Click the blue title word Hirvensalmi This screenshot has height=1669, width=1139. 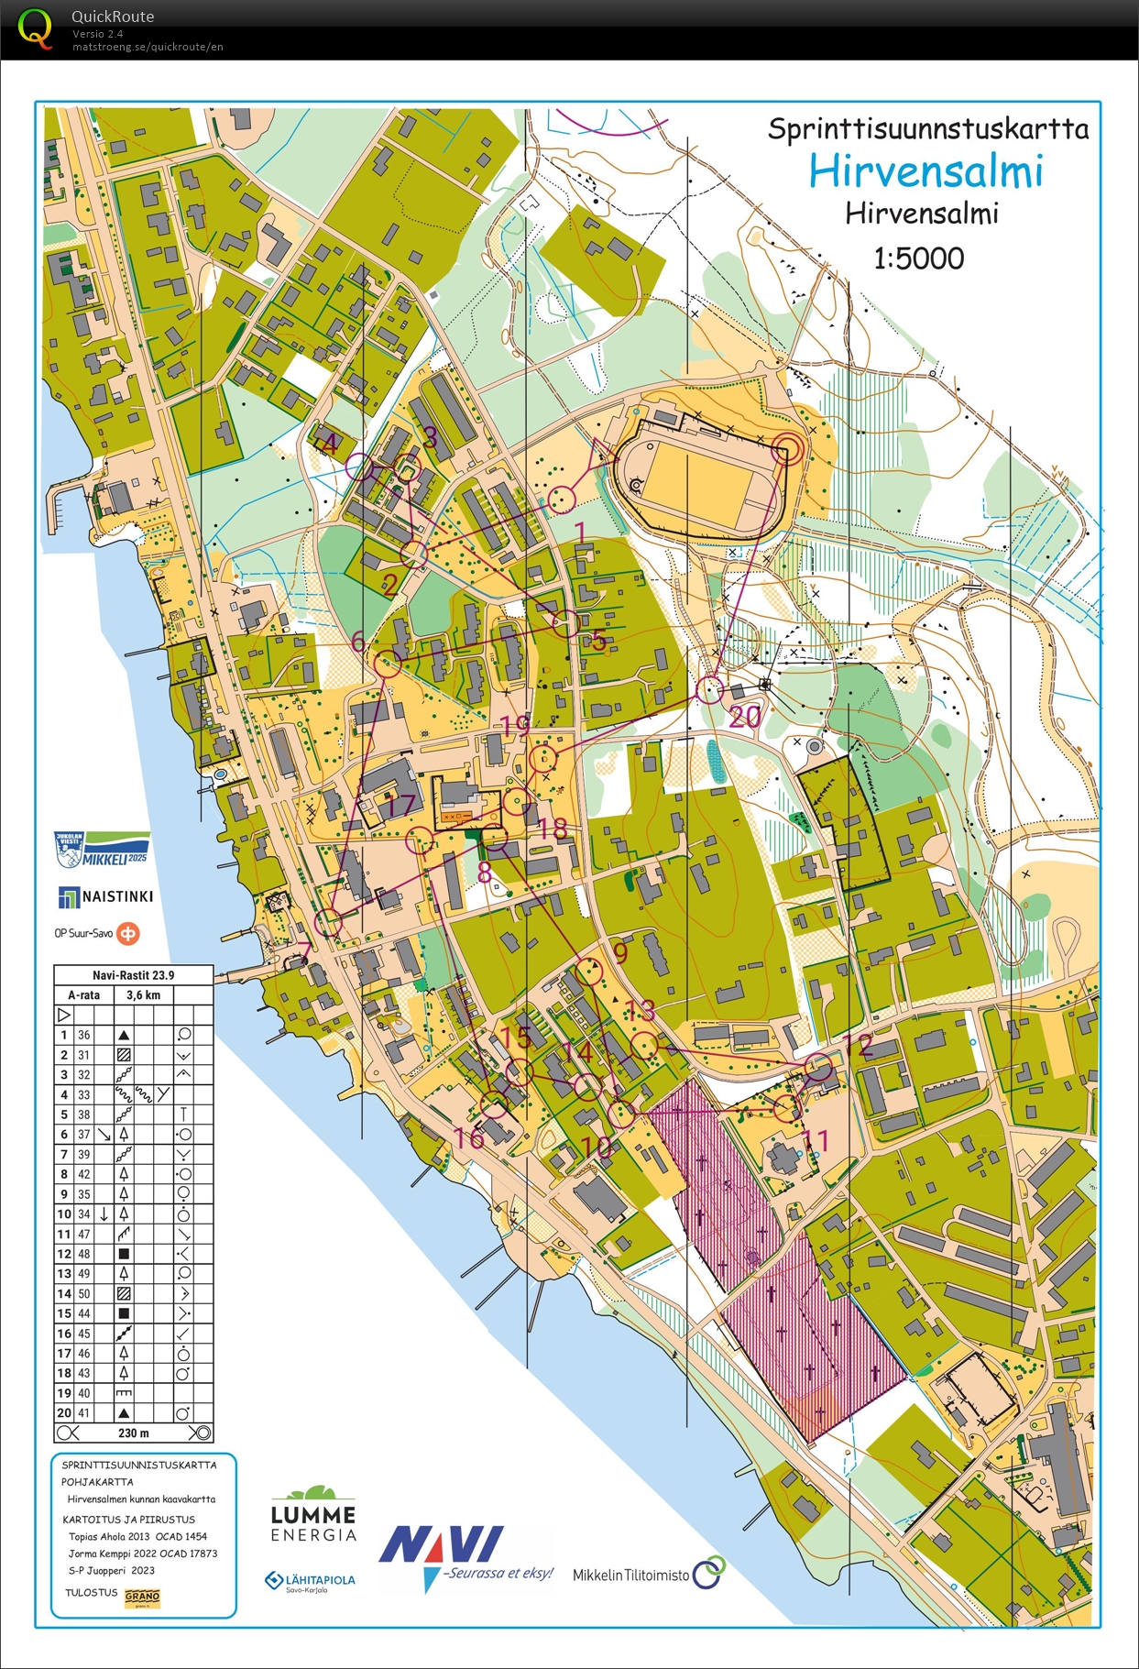[925, 171]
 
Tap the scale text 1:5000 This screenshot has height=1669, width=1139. [918, 258]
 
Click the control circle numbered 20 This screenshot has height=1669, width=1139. [710, 689]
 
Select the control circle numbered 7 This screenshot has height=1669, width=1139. [328, 922]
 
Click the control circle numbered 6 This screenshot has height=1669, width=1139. [388, 664]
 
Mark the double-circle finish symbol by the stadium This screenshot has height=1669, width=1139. [786, 449]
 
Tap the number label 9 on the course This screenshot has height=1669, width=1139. [620, 952]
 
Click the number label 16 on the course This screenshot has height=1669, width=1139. [469, 1137]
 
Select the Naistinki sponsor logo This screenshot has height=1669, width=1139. [105, 896]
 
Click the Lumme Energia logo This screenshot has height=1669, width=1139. [313, 1515]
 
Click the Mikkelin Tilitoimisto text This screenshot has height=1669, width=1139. [631, 1575]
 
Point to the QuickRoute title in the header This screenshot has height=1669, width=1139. [112, 16]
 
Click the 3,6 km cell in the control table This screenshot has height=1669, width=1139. [143, 994]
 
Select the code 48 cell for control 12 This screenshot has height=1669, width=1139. [84, 1254]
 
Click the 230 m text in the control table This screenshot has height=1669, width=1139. [133, 1433]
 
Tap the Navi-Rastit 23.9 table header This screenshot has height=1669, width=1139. [133, 975]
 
